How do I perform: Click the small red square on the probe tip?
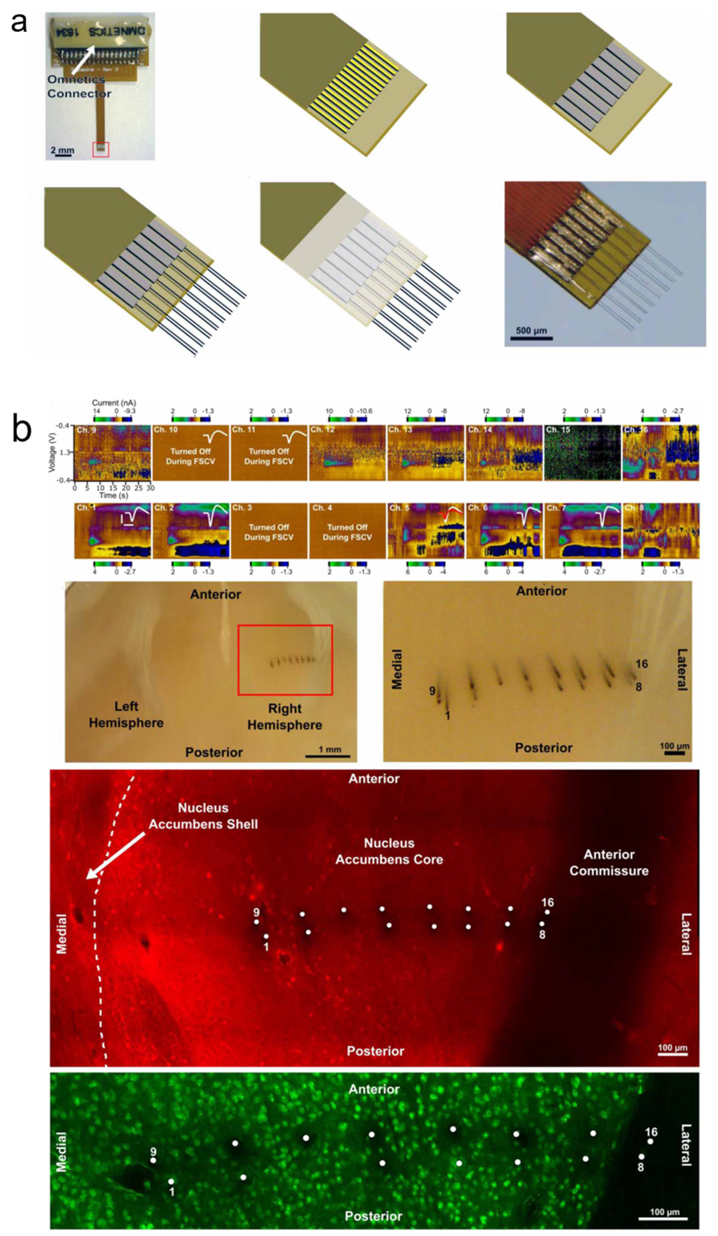point(101,150)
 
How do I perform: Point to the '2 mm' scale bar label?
point(62,150)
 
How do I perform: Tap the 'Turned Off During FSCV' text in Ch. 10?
point(190,456)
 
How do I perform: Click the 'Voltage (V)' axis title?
point(52,452)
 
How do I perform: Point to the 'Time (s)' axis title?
point(114,495)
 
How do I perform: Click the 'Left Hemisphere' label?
point(126,714)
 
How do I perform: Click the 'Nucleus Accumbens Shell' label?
point(203,816)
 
